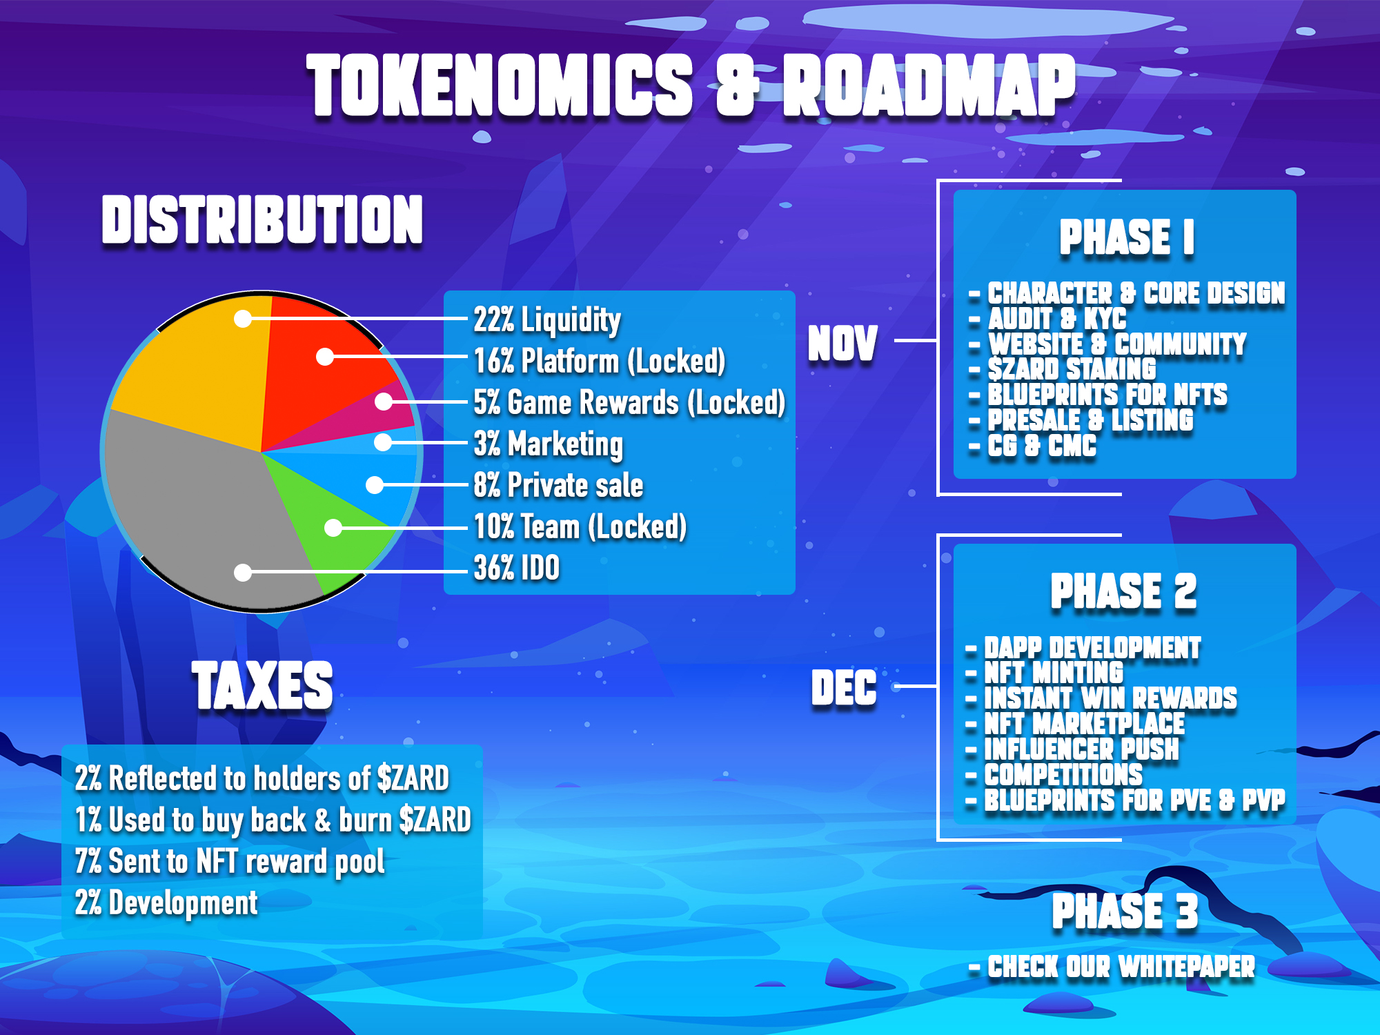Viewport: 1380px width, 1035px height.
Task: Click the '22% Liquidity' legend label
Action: [547, 320]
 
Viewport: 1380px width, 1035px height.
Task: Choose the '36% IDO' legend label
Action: [516, 569]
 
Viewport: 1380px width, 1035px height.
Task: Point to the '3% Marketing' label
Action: [548, 444]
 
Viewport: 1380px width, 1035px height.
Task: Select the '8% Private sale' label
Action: [558, 485]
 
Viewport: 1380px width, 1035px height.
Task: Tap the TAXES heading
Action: [262, 685]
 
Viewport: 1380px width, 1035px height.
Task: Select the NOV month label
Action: [842, 344]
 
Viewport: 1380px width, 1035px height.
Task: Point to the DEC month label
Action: [844, 688]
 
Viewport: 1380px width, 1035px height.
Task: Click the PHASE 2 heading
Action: [1124, 591]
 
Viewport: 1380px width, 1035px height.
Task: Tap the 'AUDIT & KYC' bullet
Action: [1056, 319]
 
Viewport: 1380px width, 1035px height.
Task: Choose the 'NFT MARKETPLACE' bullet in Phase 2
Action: [1084, 724]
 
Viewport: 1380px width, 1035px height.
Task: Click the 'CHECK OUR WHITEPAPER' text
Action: [1121, 967]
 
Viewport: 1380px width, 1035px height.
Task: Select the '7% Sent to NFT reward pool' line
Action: [230, 862]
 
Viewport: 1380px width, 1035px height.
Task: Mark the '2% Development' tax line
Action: [166, 903]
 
